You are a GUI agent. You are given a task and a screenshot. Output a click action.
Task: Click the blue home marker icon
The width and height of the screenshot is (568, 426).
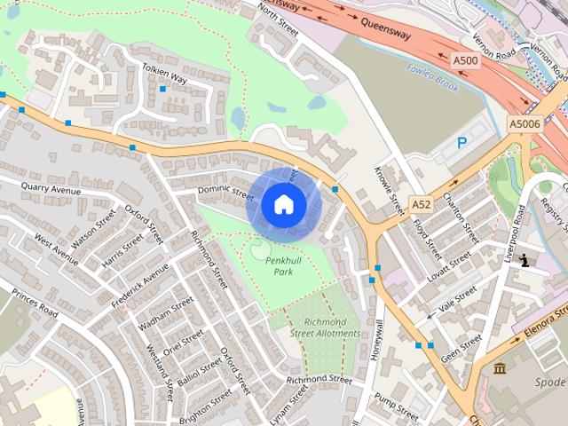coord(284,205)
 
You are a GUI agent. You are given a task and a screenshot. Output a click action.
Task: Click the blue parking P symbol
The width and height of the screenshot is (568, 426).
coord(461,142)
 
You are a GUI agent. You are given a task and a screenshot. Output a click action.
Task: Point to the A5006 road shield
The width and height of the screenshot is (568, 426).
coord(525,124)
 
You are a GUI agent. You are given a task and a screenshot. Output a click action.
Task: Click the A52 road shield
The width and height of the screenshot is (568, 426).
coord(421,205)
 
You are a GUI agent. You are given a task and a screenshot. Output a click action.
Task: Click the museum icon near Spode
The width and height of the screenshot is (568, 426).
coord(500,367)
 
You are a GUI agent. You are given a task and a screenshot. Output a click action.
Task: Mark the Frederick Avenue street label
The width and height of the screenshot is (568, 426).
coord(139,285)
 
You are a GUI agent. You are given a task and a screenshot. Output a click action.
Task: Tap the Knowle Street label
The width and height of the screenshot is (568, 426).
coord(389,189)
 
